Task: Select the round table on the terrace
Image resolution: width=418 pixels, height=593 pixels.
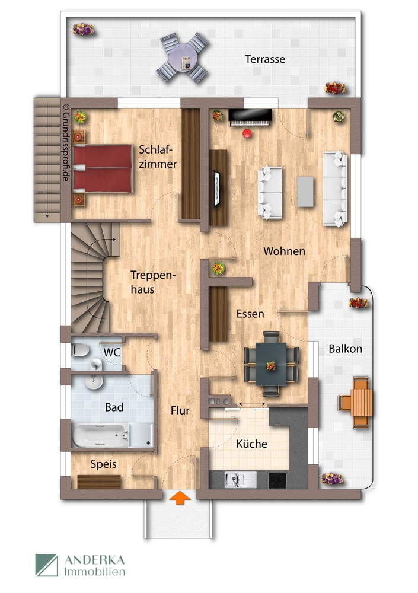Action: click(x=183, y=58)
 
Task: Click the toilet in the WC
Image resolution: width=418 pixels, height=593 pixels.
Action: click(x=83, y=351)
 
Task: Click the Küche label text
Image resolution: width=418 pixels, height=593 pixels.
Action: click(x=251, y=444)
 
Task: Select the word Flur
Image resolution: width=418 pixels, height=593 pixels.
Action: click(x=180, y=410)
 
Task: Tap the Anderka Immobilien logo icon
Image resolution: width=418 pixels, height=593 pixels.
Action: click(x=46, y=565)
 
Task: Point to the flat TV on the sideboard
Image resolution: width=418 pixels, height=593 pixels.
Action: click(x=218, y=187)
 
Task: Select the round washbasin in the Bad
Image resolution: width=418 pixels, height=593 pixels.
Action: click(x=93, y=384)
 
